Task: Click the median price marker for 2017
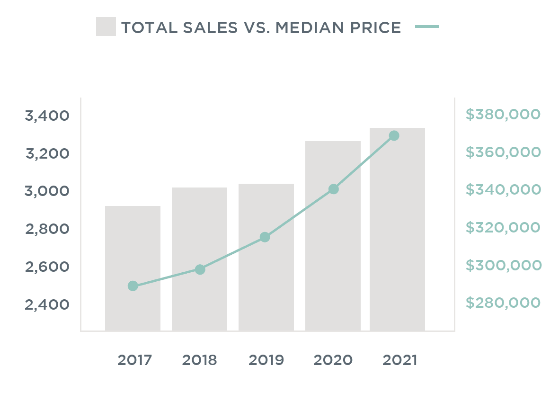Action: click(x=133, y=286)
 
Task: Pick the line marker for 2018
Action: click(x=200, y=269)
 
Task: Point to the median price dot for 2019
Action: click(x=265, y=237)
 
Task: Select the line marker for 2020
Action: click(x=333, y=189)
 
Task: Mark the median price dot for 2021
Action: click(x=394, y=136)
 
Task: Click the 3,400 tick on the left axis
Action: click(x=47, y=116)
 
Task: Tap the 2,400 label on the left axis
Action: click(x=47, y=304)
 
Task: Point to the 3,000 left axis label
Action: click(x=47, y=191)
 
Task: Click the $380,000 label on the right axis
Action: click(x=503, y=114)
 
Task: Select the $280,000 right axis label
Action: click(x=503, y=303)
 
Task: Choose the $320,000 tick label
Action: click(x=503, y=227)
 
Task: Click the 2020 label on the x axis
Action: click(x=333, y=360)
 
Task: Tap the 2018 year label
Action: click(x=199, y=360)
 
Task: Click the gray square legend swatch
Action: click(x=106, y=27)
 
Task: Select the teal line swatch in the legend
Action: click(x=427, y=27)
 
